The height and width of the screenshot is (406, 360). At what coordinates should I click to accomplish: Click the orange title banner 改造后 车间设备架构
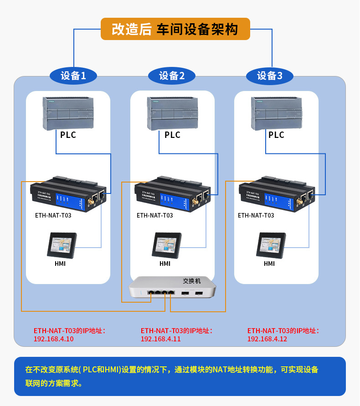175,29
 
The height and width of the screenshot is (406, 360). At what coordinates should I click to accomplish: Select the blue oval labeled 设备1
73,76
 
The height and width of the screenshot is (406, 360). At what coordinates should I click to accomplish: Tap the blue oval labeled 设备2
172,76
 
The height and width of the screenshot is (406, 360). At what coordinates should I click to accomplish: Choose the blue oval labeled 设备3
270,76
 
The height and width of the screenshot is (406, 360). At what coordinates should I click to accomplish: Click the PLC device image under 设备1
68,113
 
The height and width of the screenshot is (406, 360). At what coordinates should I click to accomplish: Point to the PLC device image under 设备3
277,113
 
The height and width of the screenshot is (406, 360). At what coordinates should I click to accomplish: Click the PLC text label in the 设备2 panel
172,135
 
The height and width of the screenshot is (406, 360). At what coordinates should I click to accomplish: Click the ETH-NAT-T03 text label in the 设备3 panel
256,215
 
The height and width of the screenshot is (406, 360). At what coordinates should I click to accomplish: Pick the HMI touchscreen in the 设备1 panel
62,246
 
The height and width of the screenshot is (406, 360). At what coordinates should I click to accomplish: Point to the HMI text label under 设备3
269,264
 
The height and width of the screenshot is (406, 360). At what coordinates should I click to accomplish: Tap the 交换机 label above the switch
192,281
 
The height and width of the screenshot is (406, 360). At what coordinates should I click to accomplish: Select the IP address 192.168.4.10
53,339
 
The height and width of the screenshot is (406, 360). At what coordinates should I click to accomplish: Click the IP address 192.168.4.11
160,339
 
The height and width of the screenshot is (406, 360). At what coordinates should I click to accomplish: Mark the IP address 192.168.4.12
267,339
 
